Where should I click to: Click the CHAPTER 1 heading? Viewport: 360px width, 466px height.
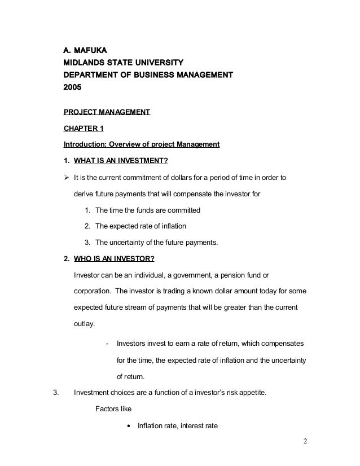(x=84, y=128)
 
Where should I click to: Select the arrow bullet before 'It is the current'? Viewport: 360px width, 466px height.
(x=67, y=178)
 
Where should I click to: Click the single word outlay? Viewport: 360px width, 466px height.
(x=85, y=324)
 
